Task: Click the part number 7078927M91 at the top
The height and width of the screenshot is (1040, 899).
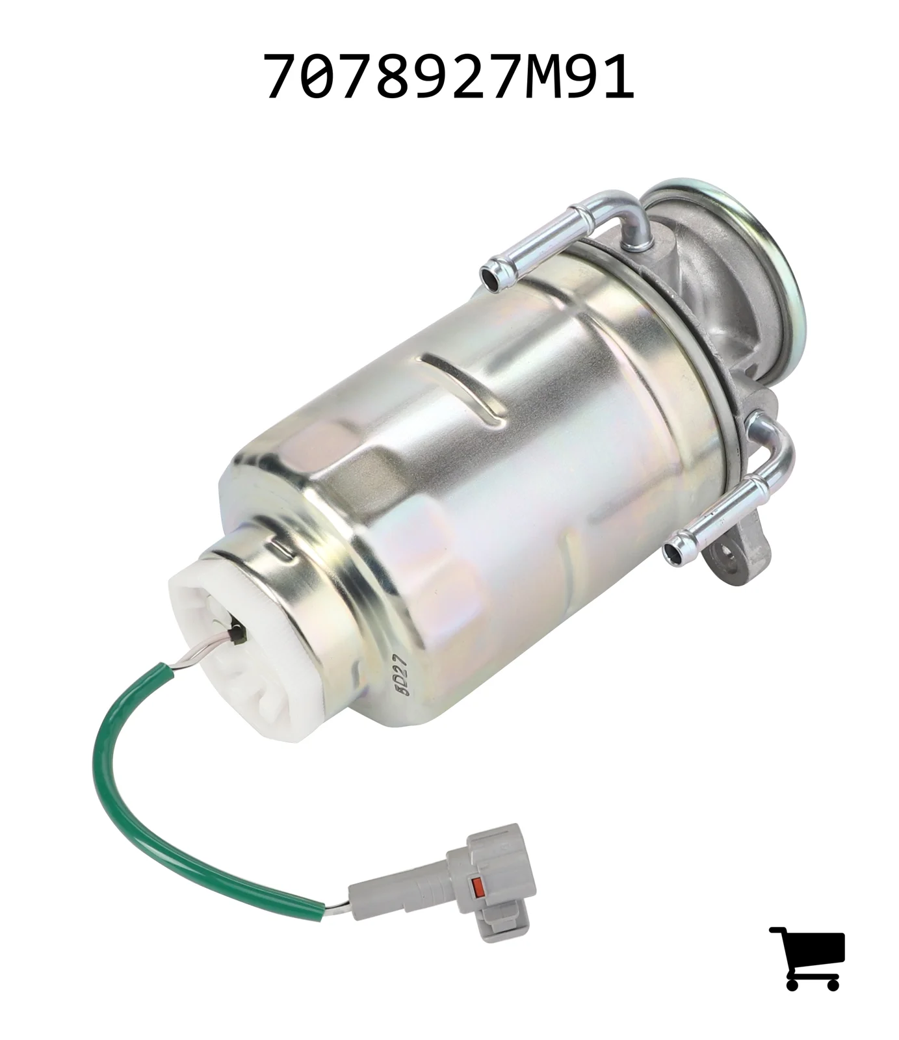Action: (x=449, y=77)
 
